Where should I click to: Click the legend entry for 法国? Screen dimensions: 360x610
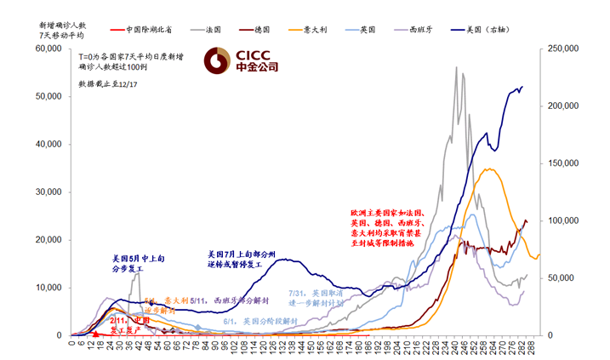[x=220, y=29]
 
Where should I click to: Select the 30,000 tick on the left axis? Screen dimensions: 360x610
[x=48, y=192]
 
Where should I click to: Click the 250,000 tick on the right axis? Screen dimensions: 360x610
[x=562, y=49]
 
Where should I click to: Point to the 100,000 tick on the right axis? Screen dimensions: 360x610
[x=562, y=220]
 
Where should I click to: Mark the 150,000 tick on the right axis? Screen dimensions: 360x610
[x=562, y=163]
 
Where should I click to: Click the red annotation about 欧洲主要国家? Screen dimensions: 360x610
[x=393, y=227]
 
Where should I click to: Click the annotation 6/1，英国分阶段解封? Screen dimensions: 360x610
[x=259, y=322]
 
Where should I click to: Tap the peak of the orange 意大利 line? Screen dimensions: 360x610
[x=489, y=169]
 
